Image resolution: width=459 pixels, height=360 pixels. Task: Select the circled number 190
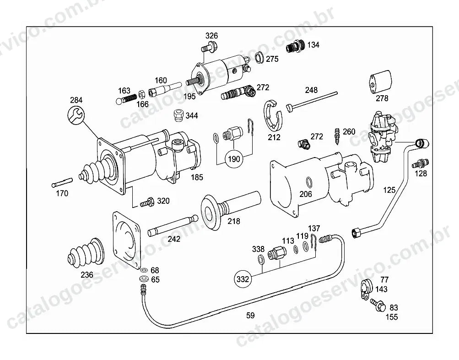pos(233,159)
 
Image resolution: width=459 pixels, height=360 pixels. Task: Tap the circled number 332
pos(243,279)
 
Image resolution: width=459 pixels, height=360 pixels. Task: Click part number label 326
pos(211,36)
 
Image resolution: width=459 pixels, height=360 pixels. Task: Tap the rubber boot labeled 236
pos(86,253)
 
